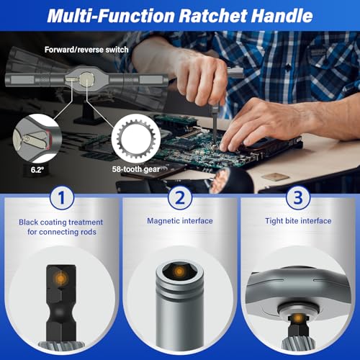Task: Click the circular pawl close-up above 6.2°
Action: click(38, 140)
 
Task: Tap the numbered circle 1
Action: click(61, 196)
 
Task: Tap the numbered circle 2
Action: click(179, 196)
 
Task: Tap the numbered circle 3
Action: click(297, 196)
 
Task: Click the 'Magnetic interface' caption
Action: click(179, 221)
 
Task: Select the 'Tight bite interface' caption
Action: click(297, 221)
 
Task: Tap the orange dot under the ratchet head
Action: click(297, 315)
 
